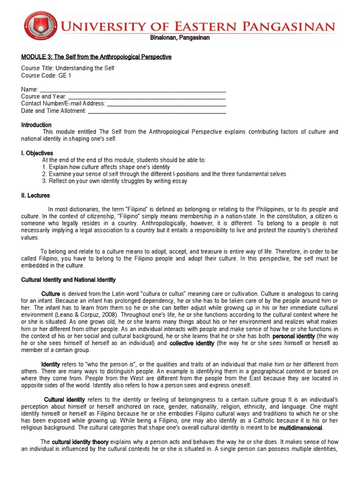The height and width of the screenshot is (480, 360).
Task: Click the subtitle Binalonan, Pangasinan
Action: coord(180,38)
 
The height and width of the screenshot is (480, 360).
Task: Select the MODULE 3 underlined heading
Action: coord(96,57)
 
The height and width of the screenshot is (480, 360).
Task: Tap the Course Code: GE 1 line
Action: coord(46,75)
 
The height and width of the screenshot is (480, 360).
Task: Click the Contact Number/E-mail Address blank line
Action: coord(166,104)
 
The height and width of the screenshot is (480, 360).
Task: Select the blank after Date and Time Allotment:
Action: coord(157,111)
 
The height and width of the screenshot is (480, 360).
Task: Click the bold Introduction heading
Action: coord(36,125)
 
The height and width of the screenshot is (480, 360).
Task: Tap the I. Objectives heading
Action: coord(37,153)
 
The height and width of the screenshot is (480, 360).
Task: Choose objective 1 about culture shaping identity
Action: coord(106,167)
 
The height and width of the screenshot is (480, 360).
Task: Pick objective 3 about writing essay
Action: coord(114,181)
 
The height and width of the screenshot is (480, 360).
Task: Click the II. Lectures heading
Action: coord(35,195)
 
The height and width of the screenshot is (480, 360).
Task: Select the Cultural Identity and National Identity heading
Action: coord(68,280)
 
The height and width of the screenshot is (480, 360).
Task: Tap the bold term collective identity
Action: coord(192,344)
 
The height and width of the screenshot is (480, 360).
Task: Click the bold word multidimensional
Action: coord(300,428)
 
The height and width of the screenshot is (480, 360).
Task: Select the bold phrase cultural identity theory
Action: coord(80,442)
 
